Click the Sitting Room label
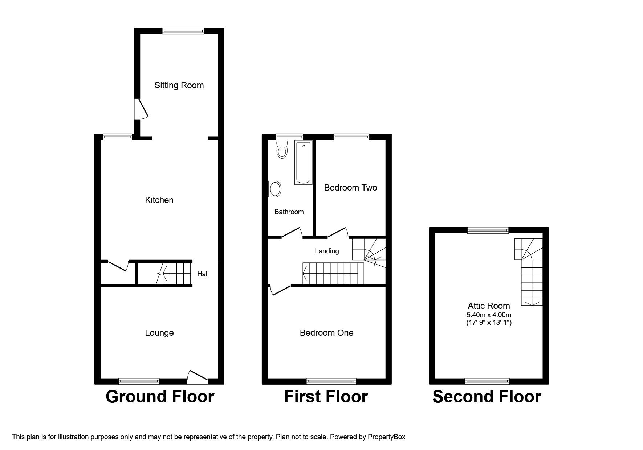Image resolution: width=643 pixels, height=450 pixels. tap(179, 85)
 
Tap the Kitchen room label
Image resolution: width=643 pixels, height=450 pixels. tap(159, 200)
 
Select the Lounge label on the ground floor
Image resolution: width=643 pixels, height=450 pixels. tap(159, 333)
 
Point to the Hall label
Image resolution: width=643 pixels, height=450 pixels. tap(203, 274)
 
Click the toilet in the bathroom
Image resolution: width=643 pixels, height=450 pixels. tap(282, 149)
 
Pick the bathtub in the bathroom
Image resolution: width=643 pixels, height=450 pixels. tap(303, 163)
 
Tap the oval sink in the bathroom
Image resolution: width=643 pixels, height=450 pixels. tap(275, 189)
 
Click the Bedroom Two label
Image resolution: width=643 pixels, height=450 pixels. tap(350, 188)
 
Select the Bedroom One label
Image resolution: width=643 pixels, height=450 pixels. tap(326, 333)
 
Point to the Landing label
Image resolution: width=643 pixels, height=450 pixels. tap(327, 251)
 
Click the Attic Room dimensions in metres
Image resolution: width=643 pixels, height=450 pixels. tap(489, 315)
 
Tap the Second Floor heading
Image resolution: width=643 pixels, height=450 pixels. tap(487, 397)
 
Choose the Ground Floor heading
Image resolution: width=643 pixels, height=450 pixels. tap(160, 397)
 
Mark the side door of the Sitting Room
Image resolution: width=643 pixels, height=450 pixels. tap(141, 109)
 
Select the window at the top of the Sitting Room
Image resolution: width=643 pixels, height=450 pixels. tap(183, 31)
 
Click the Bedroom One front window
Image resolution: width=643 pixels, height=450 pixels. tap(331, 381)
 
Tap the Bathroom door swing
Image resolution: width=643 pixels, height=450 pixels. tap(292, 233)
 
